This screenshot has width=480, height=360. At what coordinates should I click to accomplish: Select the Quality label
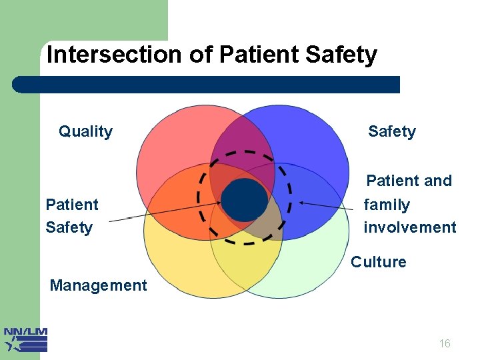pos(85,131)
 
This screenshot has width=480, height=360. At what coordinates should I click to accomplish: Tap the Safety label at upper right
pos(391,131)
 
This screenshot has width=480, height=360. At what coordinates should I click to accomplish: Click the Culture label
pos(378,262)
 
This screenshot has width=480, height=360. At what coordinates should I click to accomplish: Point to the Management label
pos(98,285)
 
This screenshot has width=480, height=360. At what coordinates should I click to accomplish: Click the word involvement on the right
pos(409,227)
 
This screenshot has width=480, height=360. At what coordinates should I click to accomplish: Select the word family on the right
pos(386,205)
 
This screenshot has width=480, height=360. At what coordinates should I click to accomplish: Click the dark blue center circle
pos(244,200)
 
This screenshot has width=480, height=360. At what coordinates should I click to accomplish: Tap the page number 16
pos(445,343)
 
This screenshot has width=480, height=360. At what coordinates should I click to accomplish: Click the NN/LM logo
pos(25,339)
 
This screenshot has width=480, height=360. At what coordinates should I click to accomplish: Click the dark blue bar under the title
pos(207,85)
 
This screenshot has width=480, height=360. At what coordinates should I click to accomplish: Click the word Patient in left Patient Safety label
pos(71,205)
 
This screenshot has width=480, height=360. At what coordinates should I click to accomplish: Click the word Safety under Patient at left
pos(69,227)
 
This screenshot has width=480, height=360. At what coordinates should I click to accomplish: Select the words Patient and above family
pos(409,181)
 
